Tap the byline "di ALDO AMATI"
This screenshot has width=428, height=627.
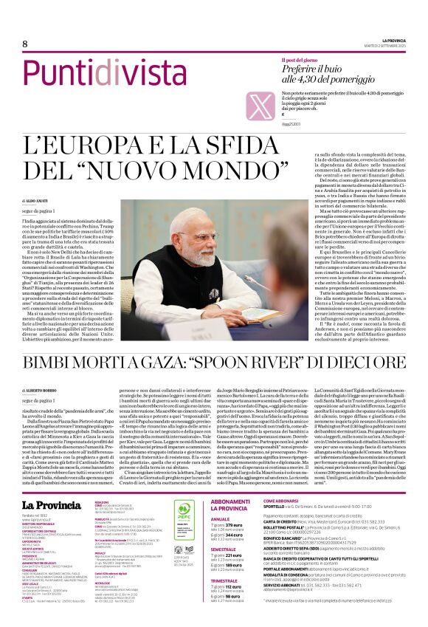(35, 200)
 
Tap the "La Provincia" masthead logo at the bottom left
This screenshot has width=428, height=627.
(51, 484)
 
